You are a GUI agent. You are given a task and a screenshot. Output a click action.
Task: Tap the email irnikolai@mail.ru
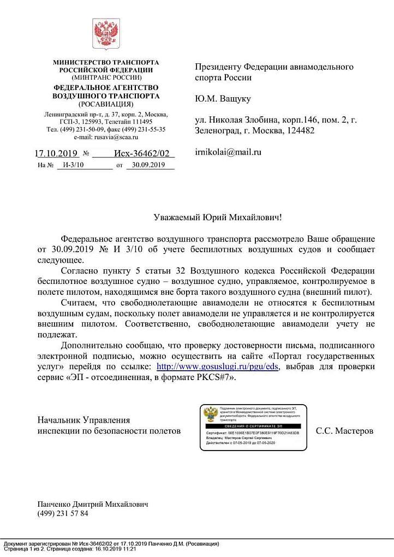[228, 152]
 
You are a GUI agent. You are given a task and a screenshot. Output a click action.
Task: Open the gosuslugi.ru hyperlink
[218, 366]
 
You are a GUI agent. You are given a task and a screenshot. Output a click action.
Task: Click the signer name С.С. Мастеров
[345, 431]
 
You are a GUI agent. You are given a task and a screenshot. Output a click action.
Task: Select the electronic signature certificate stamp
[253, 428]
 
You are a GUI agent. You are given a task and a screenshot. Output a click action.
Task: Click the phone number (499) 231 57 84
[62, 513]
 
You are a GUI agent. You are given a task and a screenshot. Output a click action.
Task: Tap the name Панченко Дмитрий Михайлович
[92, 504]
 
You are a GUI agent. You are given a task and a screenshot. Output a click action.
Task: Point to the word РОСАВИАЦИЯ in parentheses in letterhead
[106, 104]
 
